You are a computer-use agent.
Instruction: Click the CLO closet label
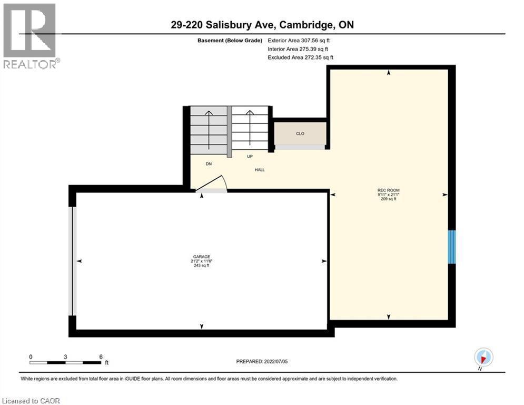[300, 133]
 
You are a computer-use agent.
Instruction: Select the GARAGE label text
[202, 257]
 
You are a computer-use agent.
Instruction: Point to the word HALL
[259, 170]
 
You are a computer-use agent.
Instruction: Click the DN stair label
[209, 164]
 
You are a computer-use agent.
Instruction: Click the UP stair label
[250, 157]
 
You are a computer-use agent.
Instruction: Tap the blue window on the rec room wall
[451, 246]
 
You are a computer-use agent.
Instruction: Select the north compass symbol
[483, 358]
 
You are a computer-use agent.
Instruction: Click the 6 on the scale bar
[100, 356]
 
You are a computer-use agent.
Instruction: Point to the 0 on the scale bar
[31, 356]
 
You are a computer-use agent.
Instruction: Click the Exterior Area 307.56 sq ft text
[299, 40]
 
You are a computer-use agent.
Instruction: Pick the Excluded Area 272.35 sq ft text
[300, 57]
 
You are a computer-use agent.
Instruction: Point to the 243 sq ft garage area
[202, 265]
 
